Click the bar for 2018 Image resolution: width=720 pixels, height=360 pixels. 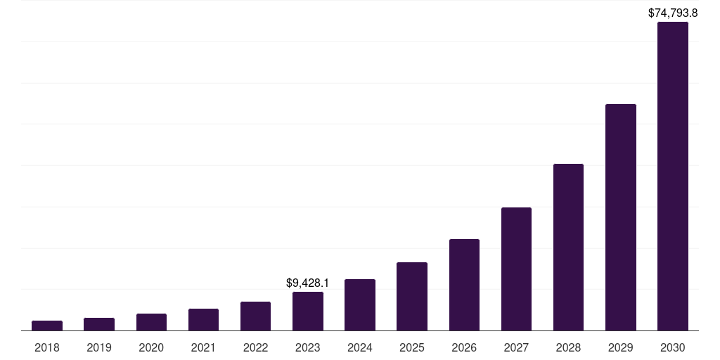[47, 326]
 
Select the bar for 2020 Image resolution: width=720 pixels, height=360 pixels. [151, 322]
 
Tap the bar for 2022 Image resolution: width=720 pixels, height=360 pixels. [255, 316]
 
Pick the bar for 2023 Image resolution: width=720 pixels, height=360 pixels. [308, 311]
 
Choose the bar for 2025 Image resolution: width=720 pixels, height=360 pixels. [412, 296]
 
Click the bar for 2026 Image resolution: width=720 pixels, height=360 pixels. [464, 285]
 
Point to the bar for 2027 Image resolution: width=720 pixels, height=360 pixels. [516, 269]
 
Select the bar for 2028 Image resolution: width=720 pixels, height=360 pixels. [568, 247]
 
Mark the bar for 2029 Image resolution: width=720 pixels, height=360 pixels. [620, 217]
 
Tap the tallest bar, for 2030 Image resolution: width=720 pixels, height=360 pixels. [673, 176]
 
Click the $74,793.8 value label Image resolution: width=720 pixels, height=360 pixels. [673, 13]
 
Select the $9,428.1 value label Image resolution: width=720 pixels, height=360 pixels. [308, 283]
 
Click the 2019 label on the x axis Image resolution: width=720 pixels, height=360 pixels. [99, 347]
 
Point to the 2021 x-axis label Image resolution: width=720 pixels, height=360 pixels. [203, 347]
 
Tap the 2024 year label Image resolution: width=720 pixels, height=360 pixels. [360, 347]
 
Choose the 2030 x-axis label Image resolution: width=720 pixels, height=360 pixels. [673, 347]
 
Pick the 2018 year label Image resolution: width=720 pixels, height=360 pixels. [47, 347]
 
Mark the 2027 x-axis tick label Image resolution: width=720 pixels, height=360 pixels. [516, 347]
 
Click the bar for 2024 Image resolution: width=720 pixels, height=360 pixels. [360, 304]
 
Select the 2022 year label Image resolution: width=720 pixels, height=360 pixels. [255, 347]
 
